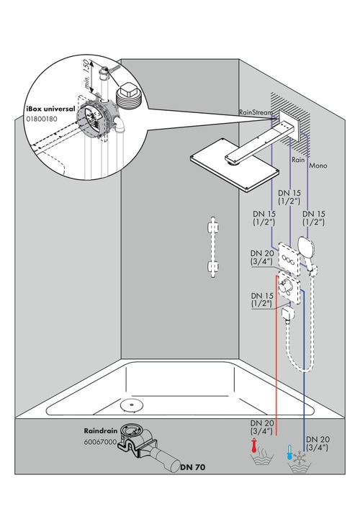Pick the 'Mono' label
pos(318,166)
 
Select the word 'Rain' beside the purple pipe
pos(298,160)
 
